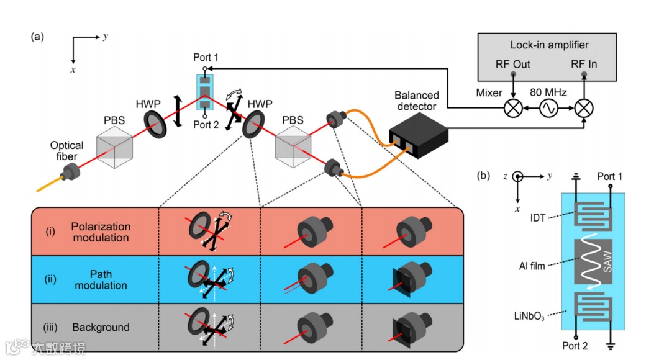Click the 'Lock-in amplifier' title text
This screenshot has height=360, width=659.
click(x=549, y=45)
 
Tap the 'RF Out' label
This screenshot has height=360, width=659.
click(x=512, y=64)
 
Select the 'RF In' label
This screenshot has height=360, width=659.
click(x=584, y=64)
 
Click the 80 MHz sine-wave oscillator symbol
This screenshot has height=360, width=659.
click(x=548, y=108)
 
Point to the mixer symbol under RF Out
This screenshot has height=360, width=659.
click(x=513, y=108)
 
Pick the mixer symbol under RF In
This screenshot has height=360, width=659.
click(x=584, y=108)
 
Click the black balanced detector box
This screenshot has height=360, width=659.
click(x=417, y=136)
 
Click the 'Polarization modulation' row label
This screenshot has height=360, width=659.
click(x=100, y=232)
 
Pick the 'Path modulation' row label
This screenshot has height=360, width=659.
click(x=100, y=280)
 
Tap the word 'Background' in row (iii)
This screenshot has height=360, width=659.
click(x=101, y=327)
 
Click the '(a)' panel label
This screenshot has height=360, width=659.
click(x=37, y=36)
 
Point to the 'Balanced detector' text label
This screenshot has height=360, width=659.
click(x=417, y=101)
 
